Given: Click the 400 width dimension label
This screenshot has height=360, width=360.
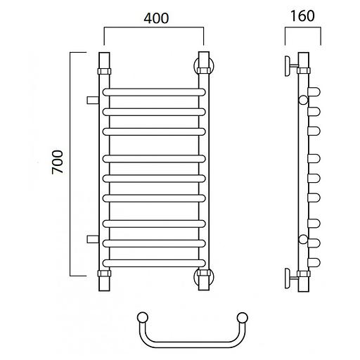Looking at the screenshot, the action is point(156,18).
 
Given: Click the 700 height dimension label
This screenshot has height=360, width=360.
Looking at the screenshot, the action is point(58,162).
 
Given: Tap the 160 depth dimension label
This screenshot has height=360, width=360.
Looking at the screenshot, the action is point(302,16).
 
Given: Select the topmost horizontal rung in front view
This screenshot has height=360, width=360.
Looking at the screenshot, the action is point(154,92).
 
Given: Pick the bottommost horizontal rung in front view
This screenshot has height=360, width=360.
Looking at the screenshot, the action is point(154,263).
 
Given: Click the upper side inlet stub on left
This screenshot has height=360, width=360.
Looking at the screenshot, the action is point(93,100).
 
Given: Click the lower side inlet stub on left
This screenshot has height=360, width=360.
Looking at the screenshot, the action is point(93,239).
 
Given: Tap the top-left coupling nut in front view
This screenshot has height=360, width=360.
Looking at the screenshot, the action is point(104,71).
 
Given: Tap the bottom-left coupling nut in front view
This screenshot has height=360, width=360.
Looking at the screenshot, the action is point(104,274).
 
